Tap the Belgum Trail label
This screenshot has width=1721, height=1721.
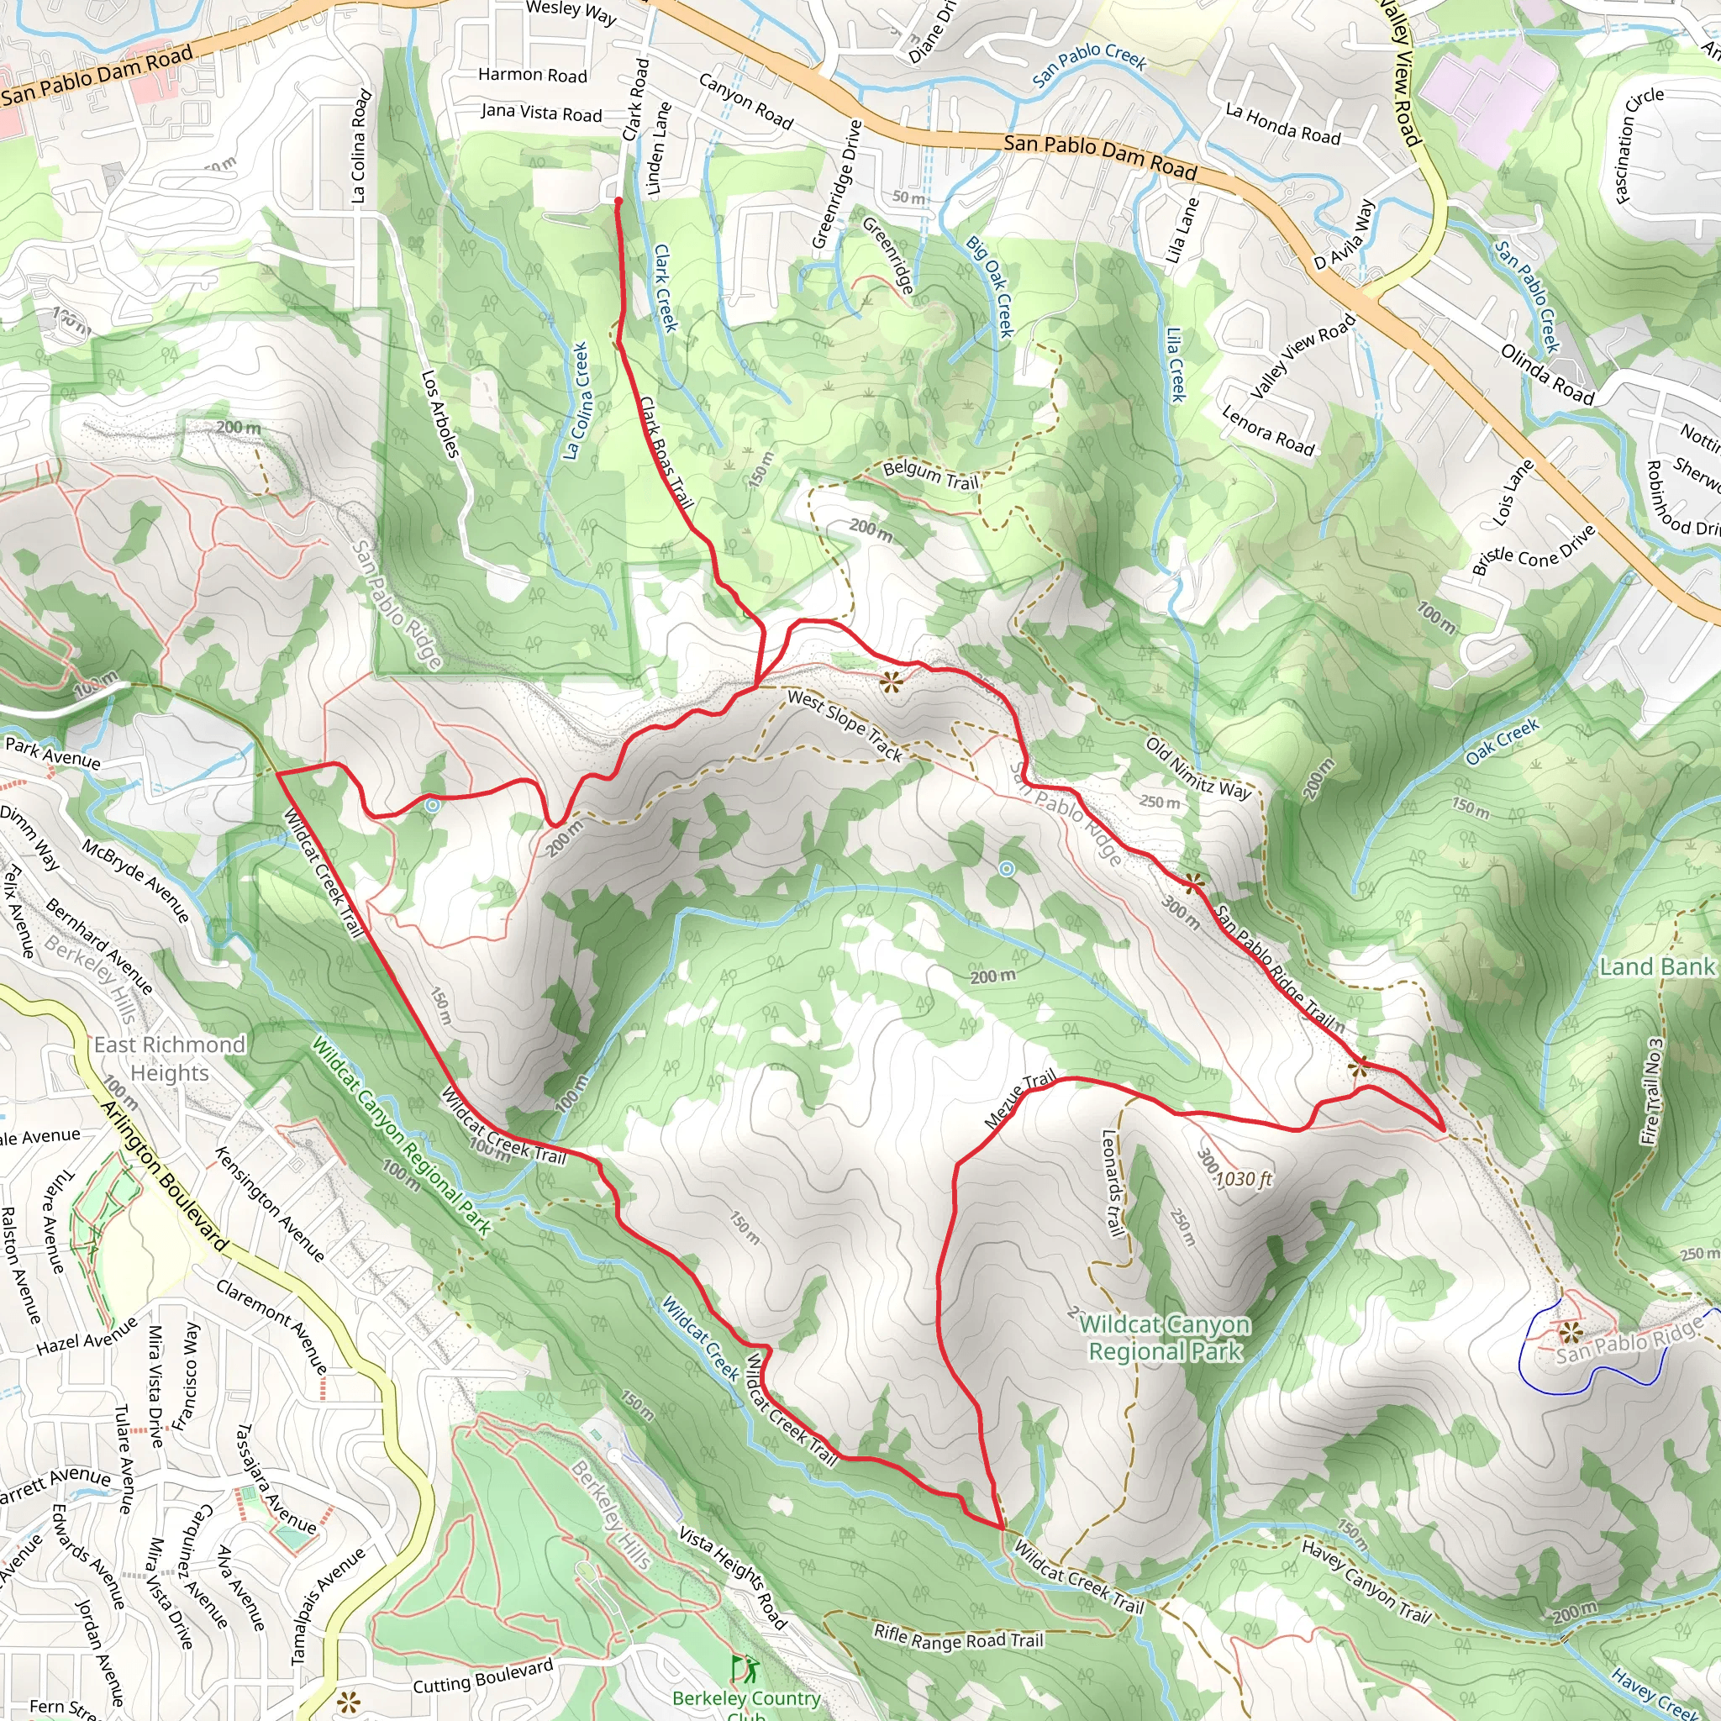931,476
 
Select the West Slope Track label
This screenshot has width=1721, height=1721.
845,724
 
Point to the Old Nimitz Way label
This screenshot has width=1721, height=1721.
1198,768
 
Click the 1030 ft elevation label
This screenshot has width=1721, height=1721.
1244,1179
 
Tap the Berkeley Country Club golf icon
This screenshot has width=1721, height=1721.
744,1667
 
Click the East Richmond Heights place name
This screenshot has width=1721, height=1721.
169,1058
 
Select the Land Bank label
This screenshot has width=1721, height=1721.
1657,967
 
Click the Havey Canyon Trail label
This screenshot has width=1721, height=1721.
1365,1582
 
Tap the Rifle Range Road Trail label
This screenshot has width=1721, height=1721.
958,1636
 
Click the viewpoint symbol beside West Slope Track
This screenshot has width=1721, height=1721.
891,682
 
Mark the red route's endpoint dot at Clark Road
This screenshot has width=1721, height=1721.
618,202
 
